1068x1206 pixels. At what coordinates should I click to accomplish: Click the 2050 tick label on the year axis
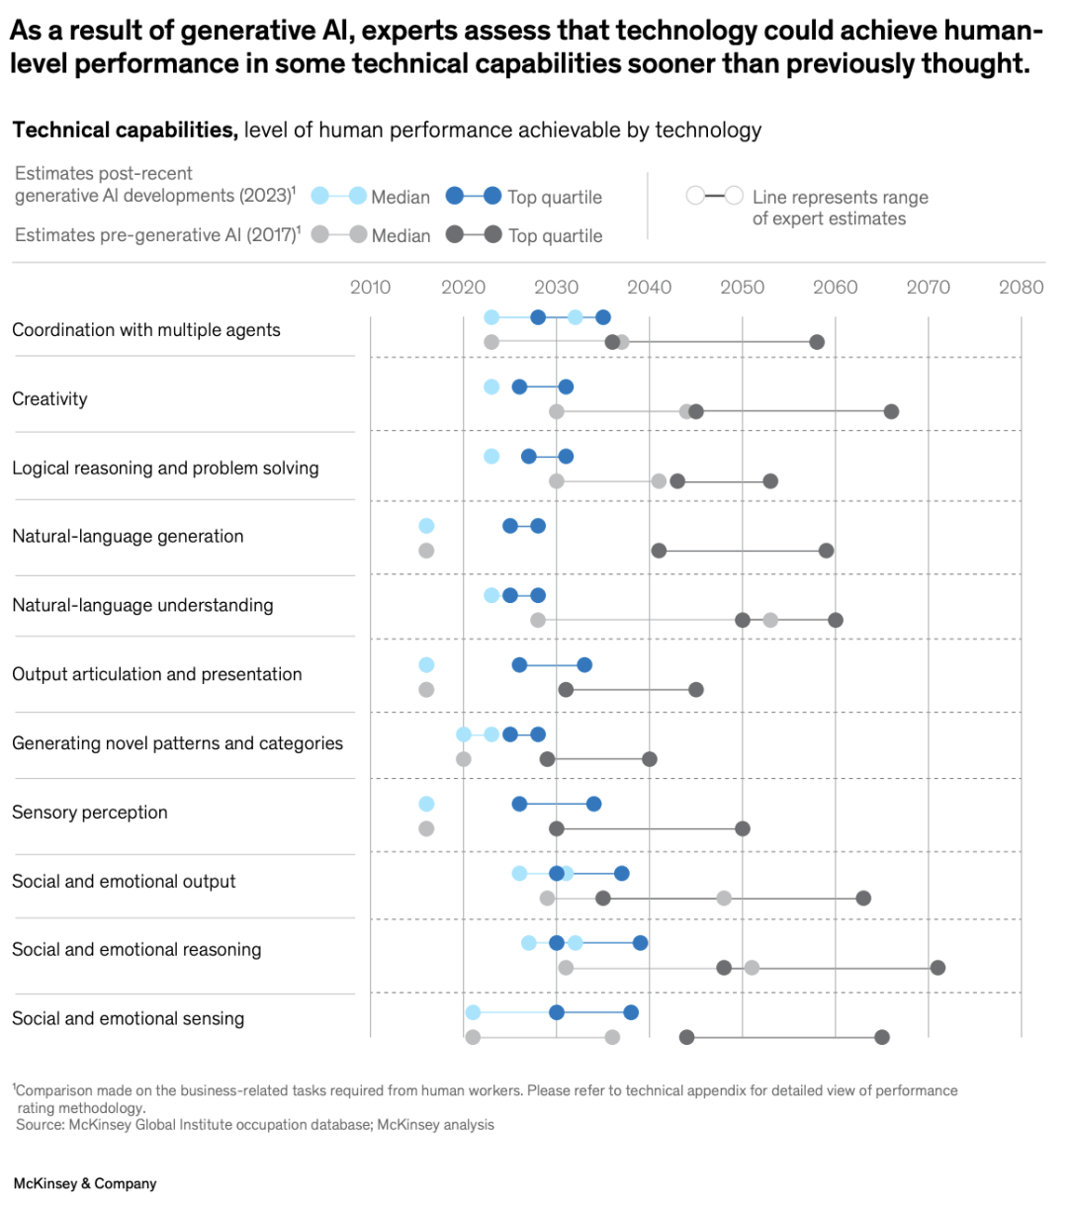coord(742,288)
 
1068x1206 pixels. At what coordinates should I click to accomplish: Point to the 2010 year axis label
coord(370,288)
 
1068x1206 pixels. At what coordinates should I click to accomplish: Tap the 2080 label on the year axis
coord(1021,288)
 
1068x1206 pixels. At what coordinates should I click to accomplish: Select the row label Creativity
coord(49,399)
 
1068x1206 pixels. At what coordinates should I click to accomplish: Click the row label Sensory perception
coord(90,813)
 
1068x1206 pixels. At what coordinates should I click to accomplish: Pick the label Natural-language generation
coord(128,537)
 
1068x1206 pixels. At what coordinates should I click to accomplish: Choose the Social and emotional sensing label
coord(128,1019)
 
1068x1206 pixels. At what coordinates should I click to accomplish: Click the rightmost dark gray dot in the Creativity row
coord(891,411)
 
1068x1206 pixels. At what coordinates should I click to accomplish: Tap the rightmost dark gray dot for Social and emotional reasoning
coord(937,968)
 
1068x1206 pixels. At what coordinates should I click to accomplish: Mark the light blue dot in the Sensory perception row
coord(426,804)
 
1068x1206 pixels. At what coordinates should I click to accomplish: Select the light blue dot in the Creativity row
coord(491,387)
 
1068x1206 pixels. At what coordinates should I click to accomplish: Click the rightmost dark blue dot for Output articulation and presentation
coord(584,664)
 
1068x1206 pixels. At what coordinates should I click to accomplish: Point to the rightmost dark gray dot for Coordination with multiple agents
coord(817,342)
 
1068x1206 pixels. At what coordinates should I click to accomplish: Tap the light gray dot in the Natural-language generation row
coord(426,551)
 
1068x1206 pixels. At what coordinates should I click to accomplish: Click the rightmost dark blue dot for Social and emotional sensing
coord(631,1012)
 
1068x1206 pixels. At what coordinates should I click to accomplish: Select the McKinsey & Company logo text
coord(85,1183)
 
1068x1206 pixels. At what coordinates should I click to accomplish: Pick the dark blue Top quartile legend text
coord(555,198)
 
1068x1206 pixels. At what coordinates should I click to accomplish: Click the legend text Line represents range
coord(840,198)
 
